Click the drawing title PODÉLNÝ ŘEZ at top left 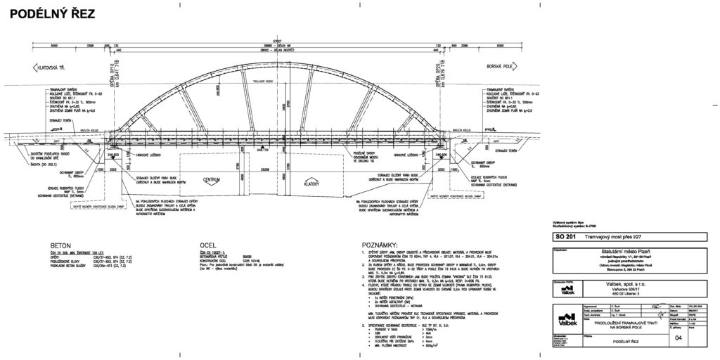pos(51,14)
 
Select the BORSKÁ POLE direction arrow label pos(501,67)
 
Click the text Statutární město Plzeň pos(626,250)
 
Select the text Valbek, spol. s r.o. pos(625,285)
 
